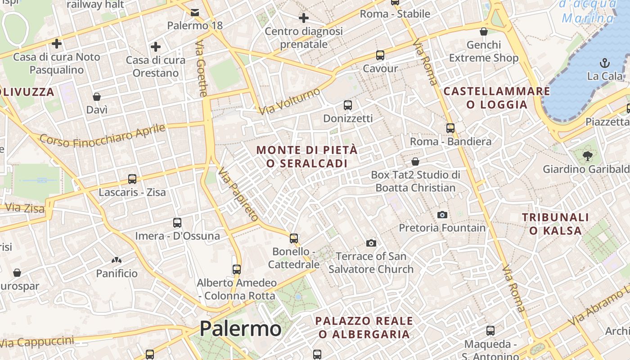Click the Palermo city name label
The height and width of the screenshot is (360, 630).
[240, 328]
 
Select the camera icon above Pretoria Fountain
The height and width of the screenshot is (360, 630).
[442, 215]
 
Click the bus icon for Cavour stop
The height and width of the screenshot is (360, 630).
[380, 55]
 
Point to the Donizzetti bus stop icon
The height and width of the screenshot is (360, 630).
[348, 105]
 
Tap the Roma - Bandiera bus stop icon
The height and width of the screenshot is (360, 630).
[450, 128]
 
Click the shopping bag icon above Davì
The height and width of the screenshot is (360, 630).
[97, 97]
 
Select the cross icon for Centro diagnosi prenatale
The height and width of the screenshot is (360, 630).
[304, 18]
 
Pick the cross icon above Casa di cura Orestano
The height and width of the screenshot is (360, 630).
[156, 46]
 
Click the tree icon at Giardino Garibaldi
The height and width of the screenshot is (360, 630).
[587, 156]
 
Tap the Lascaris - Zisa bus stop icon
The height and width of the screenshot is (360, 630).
[132, 179]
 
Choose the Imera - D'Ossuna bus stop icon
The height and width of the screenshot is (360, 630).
[177, 223]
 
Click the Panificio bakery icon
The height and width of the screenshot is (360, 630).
[117, 260]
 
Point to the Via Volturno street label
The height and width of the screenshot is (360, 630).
[290, 101]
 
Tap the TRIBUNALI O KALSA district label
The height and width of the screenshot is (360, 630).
[555, 224]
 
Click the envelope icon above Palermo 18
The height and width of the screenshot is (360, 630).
[195, 12]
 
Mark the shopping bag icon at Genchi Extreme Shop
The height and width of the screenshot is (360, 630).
[484, 31]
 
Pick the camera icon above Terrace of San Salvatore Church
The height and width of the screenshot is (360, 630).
[371, 243]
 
